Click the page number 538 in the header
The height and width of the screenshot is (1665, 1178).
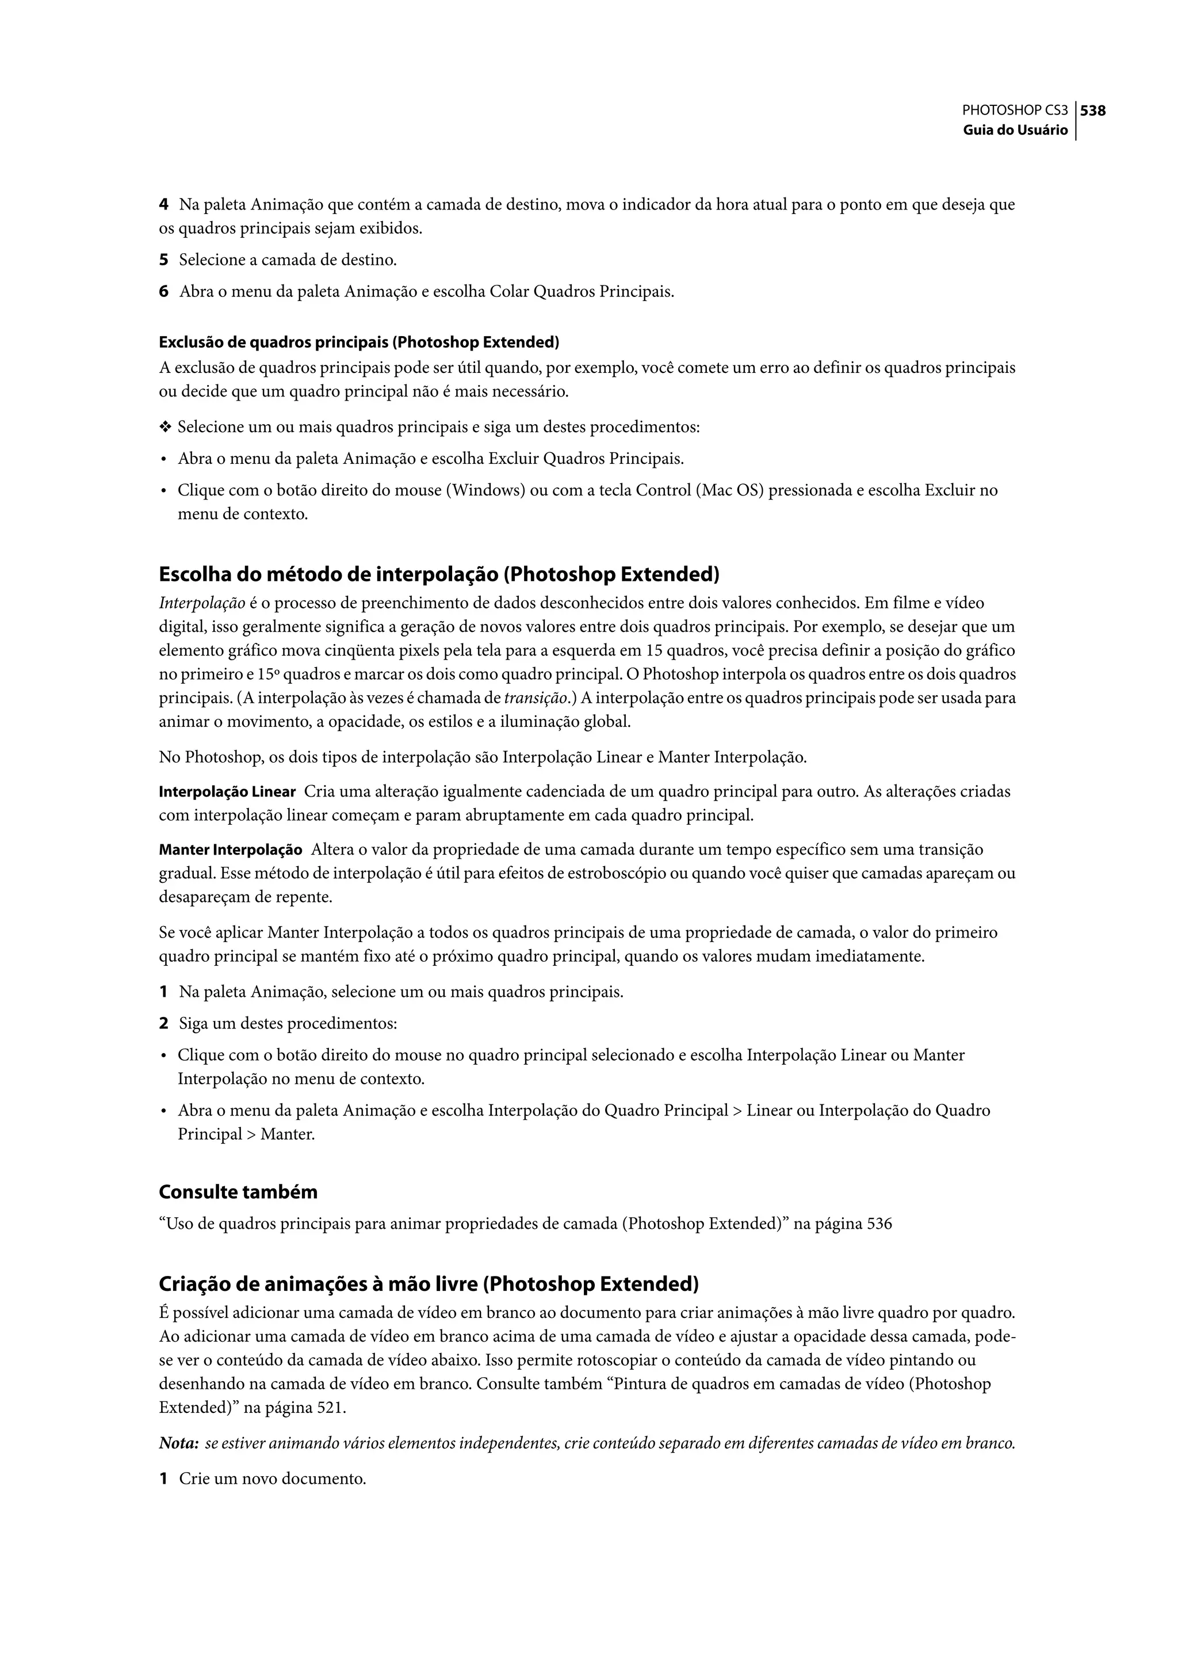tap(1093, 111)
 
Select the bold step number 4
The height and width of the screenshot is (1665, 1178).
tap(163, 205)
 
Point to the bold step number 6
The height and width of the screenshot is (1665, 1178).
tap(163, 292)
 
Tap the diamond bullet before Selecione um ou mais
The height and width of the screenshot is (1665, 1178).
tap(166, 428)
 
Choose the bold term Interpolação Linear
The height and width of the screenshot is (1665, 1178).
tap(227, 792)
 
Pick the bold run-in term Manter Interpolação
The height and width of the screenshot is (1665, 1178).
tap(230, 850)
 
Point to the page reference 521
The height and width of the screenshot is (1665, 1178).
tap(331, 1408)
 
